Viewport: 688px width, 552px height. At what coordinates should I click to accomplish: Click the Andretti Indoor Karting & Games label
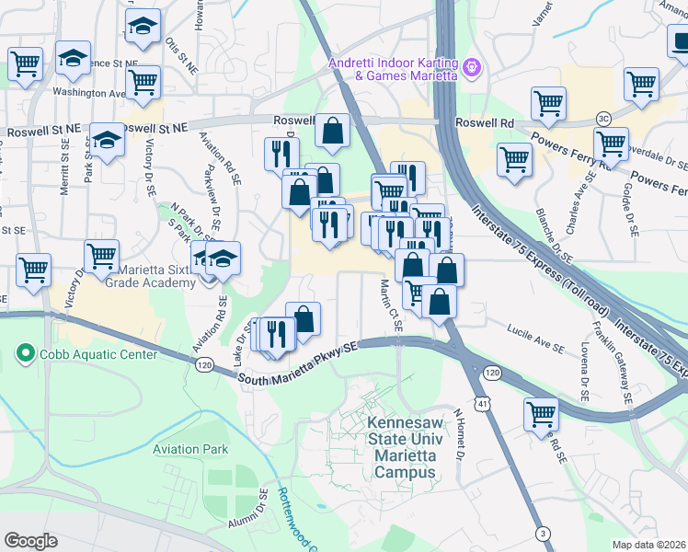[393, 69]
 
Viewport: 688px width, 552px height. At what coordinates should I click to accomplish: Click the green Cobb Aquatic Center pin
[24, 353]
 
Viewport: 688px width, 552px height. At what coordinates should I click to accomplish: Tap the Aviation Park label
[190, 450]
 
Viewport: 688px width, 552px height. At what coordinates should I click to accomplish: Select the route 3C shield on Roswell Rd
[603, 119]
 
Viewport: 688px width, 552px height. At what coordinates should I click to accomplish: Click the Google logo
[31, 540]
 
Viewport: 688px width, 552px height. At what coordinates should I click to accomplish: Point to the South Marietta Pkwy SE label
[296, 365]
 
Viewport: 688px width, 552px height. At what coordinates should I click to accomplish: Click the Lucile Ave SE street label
[535, 338]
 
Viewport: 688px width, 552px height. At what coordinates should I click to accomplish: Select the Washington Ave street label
[88, 92]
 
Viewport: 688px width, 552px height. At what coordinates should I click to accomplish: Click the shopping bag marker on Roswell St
[332, 132]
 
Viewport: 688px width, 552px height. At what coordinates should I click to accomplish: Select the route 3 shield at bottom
[544, 534]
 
